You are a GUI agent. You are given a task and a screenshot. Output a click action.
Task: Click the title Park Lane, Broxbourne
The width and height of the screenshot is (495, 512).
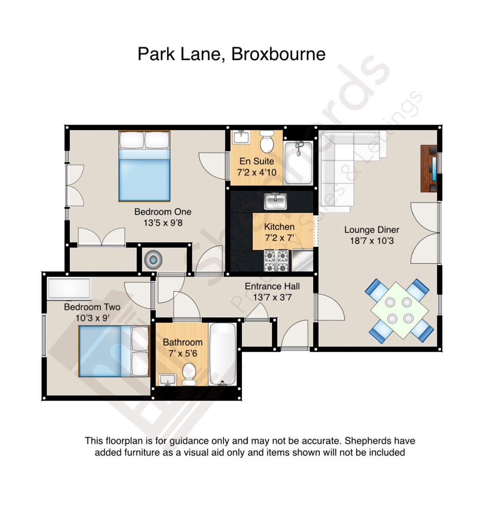coord(231,54)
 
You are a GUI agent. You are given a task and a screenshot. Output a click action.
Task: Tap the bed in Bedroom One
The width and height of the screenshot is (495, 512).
coord(144,166)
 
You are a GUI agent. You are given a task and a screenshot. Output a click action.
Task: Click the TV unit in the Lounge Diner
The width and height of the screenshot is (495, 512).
coord(429,168)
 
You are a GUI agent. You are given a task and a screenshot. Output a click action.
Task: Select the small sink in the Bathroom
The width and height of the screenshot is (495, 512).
coord(168,379)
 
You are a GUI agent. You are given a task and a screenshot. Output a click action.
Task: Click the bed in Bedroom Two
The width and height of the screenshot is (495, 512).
coord(114,351)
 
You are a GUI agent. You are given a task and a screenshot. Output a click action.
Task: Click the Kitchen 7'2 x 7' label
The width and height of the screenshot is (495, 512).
coord(279,232)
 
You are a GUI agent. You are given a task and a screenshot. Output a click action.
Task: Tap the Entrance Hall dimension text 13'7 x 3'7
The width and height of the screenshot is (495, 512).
coord(272,297)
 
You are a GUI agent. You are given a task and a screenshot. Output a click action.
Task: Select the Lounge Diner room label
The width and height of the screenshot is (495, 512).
coord(371,230)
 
